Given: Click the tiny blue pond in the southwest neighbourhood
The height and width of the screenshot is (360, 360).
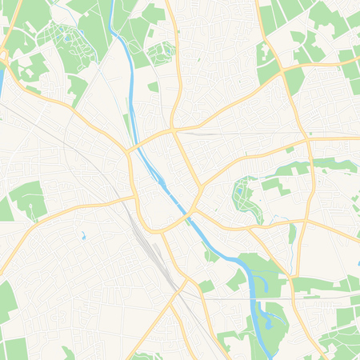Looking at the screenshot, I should [83, 236].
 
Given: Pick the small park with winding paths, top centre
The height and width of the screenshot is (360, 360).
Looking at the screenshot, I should [161, 50].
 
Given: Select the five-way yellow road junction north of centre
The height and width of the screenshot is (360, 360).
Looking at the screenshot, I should [172, 129].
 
